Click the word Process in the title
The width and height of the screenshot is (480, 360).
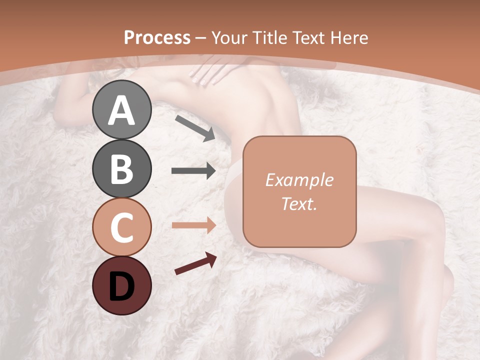[x=157, y=38]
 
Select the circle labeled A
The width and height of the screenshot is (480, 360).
[x=121, y=109]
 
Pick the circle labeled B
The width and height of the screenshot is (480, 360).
[x=121, y=168]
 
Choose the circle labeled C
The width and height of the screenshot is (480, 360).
[x=121, y=227]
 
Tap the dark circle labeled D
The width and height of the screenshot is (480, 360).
[x=121, y=286]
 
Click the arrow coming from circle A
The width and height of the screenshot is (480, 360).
[x=195, y=127]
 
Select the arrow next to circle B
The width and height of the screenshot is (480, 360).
[x=193, y=171]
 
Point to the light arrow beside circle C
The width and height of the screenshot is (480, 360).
[x=193, y=225]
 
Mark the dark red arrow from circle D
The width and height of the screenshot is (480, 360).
[x=195, y=263]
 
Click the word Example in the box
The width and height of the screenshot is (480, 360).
[x=299, y=180]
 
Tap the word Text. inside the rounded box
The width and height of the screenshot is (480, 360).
[x=299, y=203]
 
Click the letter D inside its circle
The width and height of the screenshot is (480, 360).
[x=121, y=286]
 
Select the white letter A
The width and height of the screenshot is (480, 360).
[x=121, y=110]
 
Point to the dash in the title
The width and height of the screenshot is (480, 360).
[x=200, y=38]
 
